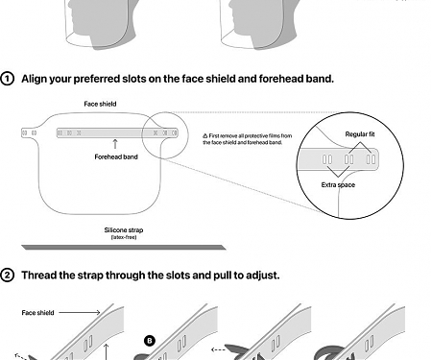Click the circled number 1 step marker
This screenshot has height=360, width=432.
[8, 78]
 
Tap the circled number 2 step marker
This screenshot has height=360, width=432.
[8, 276]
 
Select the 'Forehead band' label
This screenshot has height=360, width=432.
[114, 156]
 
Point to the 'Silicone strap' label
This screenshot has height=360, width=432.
[123, 229]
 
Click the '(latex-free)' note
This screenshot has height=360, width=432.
[123, 237]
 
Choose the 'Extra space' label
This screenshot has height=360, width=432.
[339, 184]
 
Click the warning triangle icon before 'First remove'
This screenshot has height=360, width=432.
[205, 136]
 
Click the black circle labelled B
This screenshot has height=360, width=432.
[150, 339]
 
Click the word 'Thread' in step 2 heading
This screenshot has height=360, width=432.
[39, 276]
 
